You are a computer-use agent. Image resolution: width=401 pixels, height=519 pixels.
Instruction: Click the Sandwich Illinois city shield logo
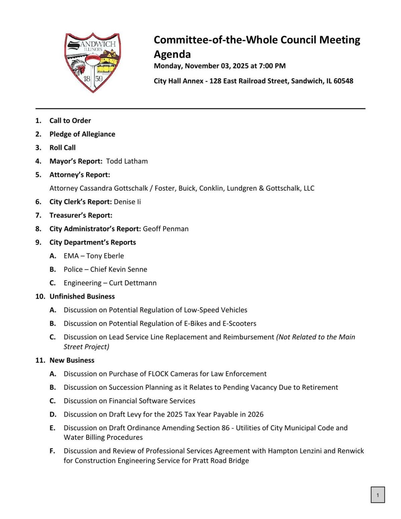[x=93, y=62]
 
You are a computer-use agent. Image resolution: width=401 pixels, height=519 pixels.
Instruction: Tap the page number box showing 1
[x=378, y=495]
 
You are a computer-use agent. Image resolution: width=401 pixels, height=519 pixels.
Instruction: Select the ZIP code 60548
[x=343, y=81]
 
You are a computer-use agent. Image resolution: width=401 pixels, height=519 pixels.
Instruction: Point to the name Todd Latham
[x=127, y=161]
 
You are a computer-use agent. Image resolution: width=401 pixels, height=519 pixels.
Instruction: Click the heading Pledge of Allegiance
[x=82, y=134]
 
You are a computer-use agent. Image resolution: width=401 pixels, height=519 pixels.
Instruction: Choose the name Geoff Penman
[x=166, y=229]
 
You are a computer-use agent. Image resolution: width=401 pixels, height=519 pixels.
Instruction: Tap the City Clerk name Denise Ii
[x=127, y=202]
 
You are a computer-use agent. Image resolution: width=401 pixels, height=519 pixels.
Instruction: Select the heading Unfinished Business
[x=82, y=296]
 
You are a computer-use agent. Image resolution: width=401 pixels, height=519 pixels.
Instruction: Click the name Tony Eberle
[x=105, y=256]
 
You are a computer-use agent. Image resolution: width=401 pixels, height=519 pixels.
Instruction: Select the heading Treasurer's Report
[x=81, y=215]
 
